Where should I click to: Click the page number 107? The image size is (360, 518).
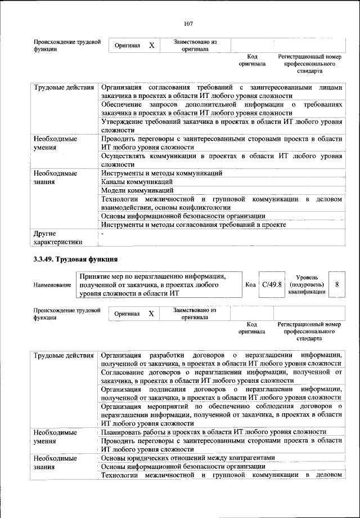tap(188, 23)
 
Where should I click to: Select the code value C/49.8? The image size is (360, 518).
tap(272, 284)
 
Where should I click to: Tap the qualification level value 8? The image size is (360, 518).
tap(336, 284)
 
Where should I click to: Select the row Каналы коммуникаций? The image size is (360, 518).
tap(137, 182)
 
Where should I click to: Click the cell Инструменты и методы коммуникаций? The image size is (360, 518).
tap(161, 173)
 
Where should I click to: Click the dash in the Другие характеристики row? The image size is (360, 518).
tap(102, 233)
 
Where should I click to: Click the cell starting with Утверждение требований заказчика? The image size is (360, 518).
tap(221, 126)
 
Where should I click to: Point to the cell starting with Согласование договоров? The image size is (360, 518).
tap(221, 377)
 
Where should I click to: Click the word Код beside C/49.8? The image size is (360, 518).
tap(251, 285)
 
